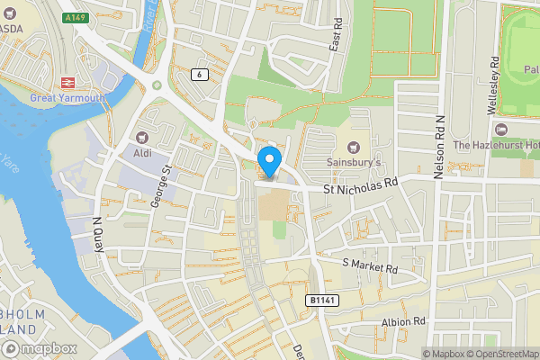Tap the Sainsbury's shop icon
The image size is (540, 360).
[x=354, y=146]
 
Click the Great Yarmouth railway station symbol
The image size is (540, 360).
[x=67, y=81]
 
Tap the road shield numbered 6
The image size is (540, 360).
[x=198, y=74]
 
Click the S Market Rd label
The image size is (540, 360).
[x=370, y=265]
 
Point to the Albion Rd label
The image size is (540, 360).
[x=402, y=321]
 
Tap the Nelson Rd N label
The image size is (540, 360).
[x=439, y=147]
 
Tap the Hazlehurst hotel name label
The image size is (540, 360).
[x=496, y=145]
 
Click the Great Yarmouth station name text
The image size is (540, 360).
[x=67, y=97]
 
